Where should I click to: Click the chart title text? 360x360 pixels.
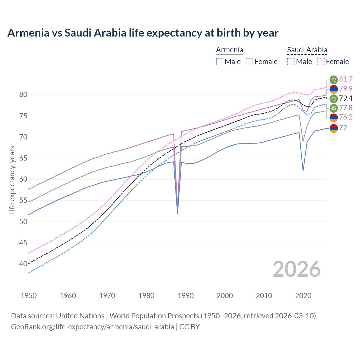pos(143,33)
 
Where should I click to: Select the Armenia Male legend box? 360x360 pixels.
pos(220,62)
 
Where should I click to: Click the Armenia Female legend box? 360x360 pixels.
pos(249,62)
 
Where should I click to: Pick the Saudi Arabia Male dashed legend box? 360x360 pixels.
pos(291,62)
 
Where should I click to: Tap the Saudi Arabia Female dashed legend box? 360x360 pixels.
pos(321,62)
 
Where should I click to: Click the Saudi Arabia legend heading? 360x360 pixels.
pos(307,50)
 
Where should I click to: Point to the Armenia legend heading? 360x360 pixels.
pos(229,50)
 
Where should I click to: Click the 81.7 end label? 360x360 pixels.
pos(346,79)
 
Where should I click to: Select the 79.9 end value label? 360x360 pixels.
pos(346,89)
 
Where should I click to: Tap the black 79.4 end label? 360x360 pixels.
pos(346,98)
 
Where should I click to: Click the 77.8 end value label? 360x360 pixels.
pos(346,108)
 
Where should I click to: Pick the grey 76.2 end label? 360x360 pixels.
pos(346,118)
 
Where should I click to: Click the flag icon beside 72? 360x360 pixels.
pos(334,128)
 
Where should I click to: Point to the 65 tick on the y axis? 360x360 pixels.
pos(23,158)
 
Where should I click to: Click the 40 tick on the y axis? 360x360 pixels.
pos(23,264)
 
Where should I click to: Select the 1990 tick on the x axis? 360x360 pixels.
pos(186,296)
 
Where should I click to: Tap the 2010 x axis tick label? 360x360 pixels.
pos(264,296)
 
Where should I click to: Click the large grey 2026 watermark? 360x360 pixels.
pos(297,269)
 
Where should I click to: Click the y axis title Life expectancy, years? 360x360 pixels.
pos(12,180)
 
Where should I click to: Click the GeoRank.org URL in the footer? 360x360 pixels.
pos(92,327)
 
